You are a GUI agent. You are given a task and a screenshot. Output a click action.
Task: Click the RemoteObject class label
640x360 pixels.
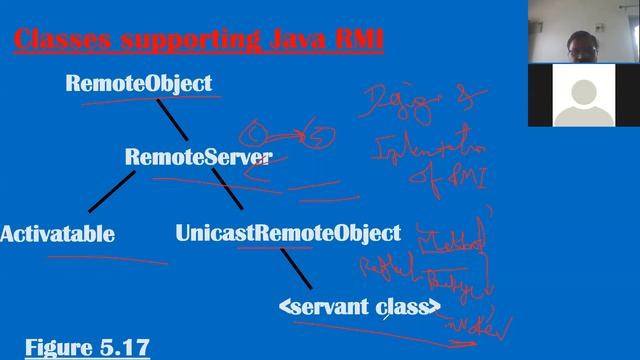pyautogui.click(x=138, y=84)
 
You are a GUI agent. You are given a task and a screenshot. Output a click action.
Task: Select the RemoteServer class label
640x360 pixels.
pyautogui.click(x=198, y=158)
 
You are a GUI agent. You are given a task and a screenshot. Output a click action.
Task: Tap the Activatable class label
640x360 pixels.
pyautogui.click(x=57, y=235)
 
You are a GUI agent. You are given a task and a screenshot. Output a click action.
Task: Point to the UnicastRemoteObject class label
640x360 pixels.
pyautogui.click(x=288, y=234)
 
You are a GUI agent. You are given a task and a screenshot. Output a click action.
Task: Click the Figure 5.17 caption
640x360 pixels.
pyautogui.click(x=87, y=348)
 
